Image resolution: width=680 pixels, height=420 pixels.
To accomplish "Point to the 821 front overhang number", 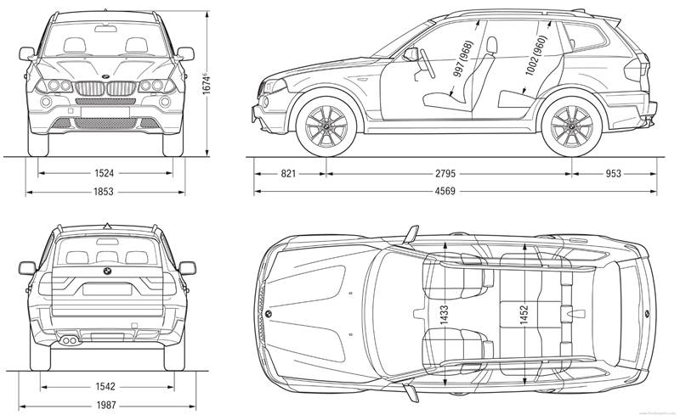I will (x=288, y=173).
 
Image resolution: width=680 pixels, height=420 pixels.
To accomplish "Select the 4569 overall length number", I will (x=445, y=192).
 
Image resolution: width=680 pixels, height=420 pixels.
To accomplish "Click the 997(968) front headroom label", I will (x=463, y=59).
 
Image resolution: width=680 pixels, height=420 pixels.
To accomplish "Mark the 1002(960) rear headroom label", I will (x=534, y=57).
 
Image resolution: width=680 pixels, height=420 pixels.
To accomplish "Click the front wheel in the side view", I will (x=321, y=127).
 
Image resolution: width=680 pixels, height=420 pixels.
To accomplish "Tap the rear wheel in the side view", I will (x=572, y=128).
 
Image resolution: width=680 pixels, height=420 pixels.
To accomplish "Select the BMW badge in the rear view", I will (x=107, y=272).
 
